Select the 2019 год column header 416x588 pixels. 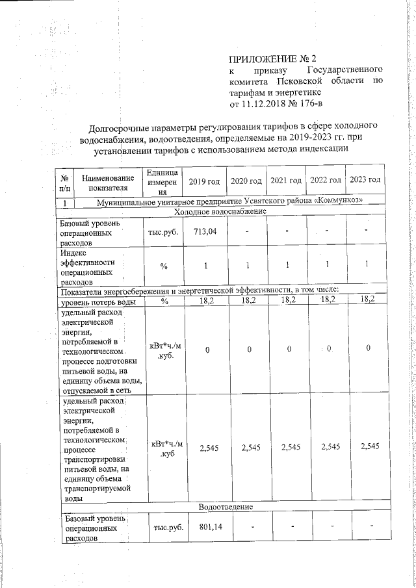[203, 179]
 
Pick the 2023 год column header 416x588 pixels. [365, 179]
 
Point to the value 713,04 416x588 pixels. [204, 232]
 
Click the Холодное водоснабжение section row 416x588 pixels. [220, 212]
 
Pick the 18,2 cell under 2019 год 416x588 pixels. [205, 301]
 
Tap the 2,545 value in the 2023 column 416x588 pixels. [368, 447]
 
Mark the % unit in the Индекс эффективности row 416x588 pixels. [164, 265]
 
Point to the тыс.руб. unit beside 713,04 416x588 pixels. [164, 232]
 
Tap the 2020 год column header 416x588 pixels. [245, 179]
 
